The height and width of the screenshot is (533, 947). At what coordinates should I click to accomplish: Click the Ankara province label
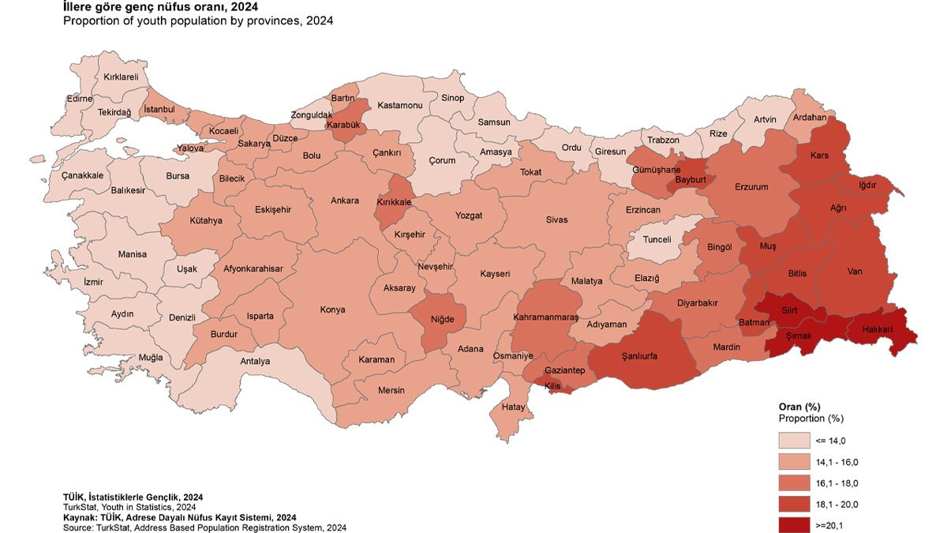[x=345, y=201]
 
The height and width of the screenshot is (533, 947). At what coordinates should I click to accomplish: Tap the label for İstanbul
[x=159, y=108]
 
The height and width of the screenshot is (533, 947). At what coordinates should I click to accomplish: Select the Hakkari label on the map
[x=878, y=329]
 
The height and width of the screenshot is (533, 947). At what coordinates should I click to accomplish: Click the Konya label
[x=332, y=310]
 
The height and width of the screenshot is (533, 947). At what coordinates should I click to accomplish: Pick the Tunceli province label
[x=657, y=239]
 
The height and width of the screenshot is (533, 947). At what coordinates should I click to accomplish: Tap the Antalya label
[x=254, y=362]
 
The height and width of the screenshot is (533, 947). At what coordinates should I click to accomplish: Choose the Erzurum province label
[x=750, y=187]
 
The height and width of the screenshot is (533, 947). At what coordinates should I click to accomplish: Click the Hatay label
[x=513, y=407]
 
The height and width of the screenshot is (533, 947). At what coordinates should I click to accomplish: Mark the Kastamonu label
[x=400, y=105]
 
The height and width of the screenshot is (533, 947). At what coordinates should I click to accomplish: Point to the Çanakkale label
[x=82, y=175]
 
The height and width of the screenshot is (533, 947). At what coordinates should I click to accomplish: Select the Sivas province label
[x=556, y=220]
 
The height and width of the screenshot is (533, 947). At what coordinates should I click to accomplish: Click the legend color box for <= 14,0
[x=796, y=441]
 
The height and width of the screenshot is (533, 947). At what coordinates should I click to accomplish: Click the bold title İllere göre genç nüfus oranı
[x=160, y=7]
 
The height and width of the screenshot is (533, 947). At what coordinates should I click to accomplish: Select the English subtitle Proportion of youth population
[x=198, y=21]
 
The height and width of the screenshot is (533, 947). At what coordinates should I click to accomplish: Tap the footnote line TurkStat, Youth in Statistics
[x=129, y=507]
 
